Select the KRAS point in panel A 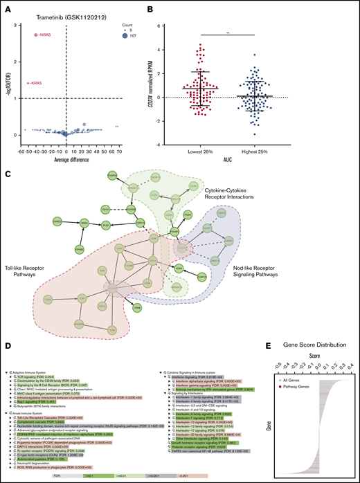(x=28, y=83)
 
